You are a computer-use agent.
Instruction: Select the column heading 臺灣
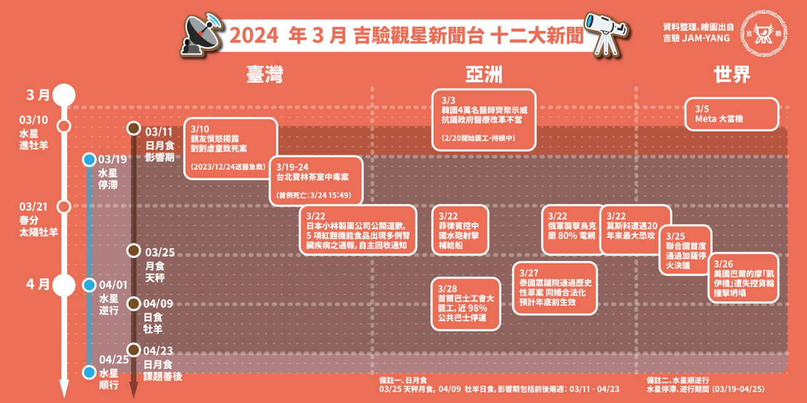[x=264, y=75]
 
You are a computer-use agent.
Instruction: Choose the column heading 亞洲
[x=483, y=75]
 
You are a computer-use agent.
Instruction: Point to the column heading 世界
[x=731, y=75]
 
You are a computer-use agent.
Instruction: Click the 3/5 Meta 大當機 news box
[x=732, y=114]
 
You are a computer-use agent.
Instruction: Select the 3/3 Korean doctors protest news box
[x=484, y=119]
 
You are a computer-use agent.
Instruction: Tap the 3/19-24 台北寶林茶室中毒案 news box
[x=317, y=180]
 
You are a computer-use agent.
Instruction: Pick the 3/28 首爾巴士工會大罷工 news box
[x=466, y=304]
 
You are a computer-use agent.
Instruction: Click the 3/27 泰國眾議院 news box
[x=555, y=288]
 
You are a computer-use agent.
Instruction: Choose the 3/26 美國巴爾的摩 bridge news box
[x=743, y=277]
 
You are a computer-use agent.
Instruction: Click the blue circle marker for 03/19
[x=89, y=160]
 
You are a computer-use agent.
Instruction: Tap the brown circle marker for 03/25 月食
[x=133, y=251]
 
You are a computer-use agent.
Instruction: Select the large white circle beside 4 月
[x=63, y=285]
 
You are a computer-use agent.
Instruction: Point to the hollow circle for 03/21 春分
[x=63, y=206]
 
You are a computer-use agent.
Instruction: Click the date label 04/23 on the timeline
[x=158, y=351]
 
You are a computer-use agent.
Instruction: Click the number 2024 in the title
[x=254, y=36]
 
